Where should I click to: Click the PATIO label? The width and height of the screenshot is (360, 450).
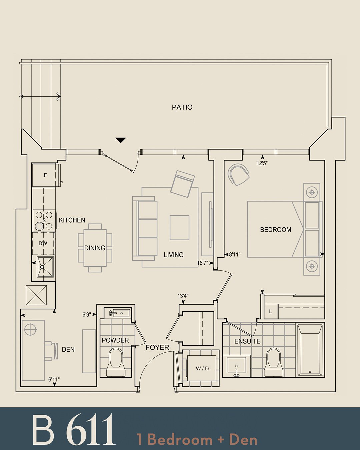(x=182, y=107)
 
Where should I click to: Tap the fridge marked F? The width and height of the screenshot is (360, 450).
(x=45, y=175)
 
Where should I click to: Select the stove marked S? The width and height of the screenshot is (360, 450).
(x=44, y=220)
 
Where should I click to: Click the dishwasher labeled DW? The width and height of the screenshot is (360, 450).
(x=43, y=243)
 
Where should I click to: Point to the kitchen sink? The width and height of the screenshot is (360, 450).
(x=45, y=267)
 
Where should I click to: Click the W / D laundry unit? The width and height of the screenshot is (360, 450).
(x=202, y=368)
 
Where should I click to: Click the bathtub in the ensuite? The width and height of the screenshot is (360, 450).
(x=310, y=350)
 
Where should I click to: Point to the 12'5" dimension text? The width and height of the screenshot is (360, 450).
(x=262, y=163)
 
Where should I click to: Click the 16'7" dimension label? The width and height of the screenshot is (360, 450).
(x=202, y=263)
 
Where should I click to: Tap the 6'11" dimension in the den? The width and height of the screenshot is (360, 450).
(x=54, y=379)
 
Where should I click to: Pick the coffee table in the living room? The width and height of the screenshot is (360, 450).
(x=179, y=228)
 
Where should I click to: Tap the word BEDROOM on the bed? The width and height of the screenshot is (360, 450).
(x=275, y=230)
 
